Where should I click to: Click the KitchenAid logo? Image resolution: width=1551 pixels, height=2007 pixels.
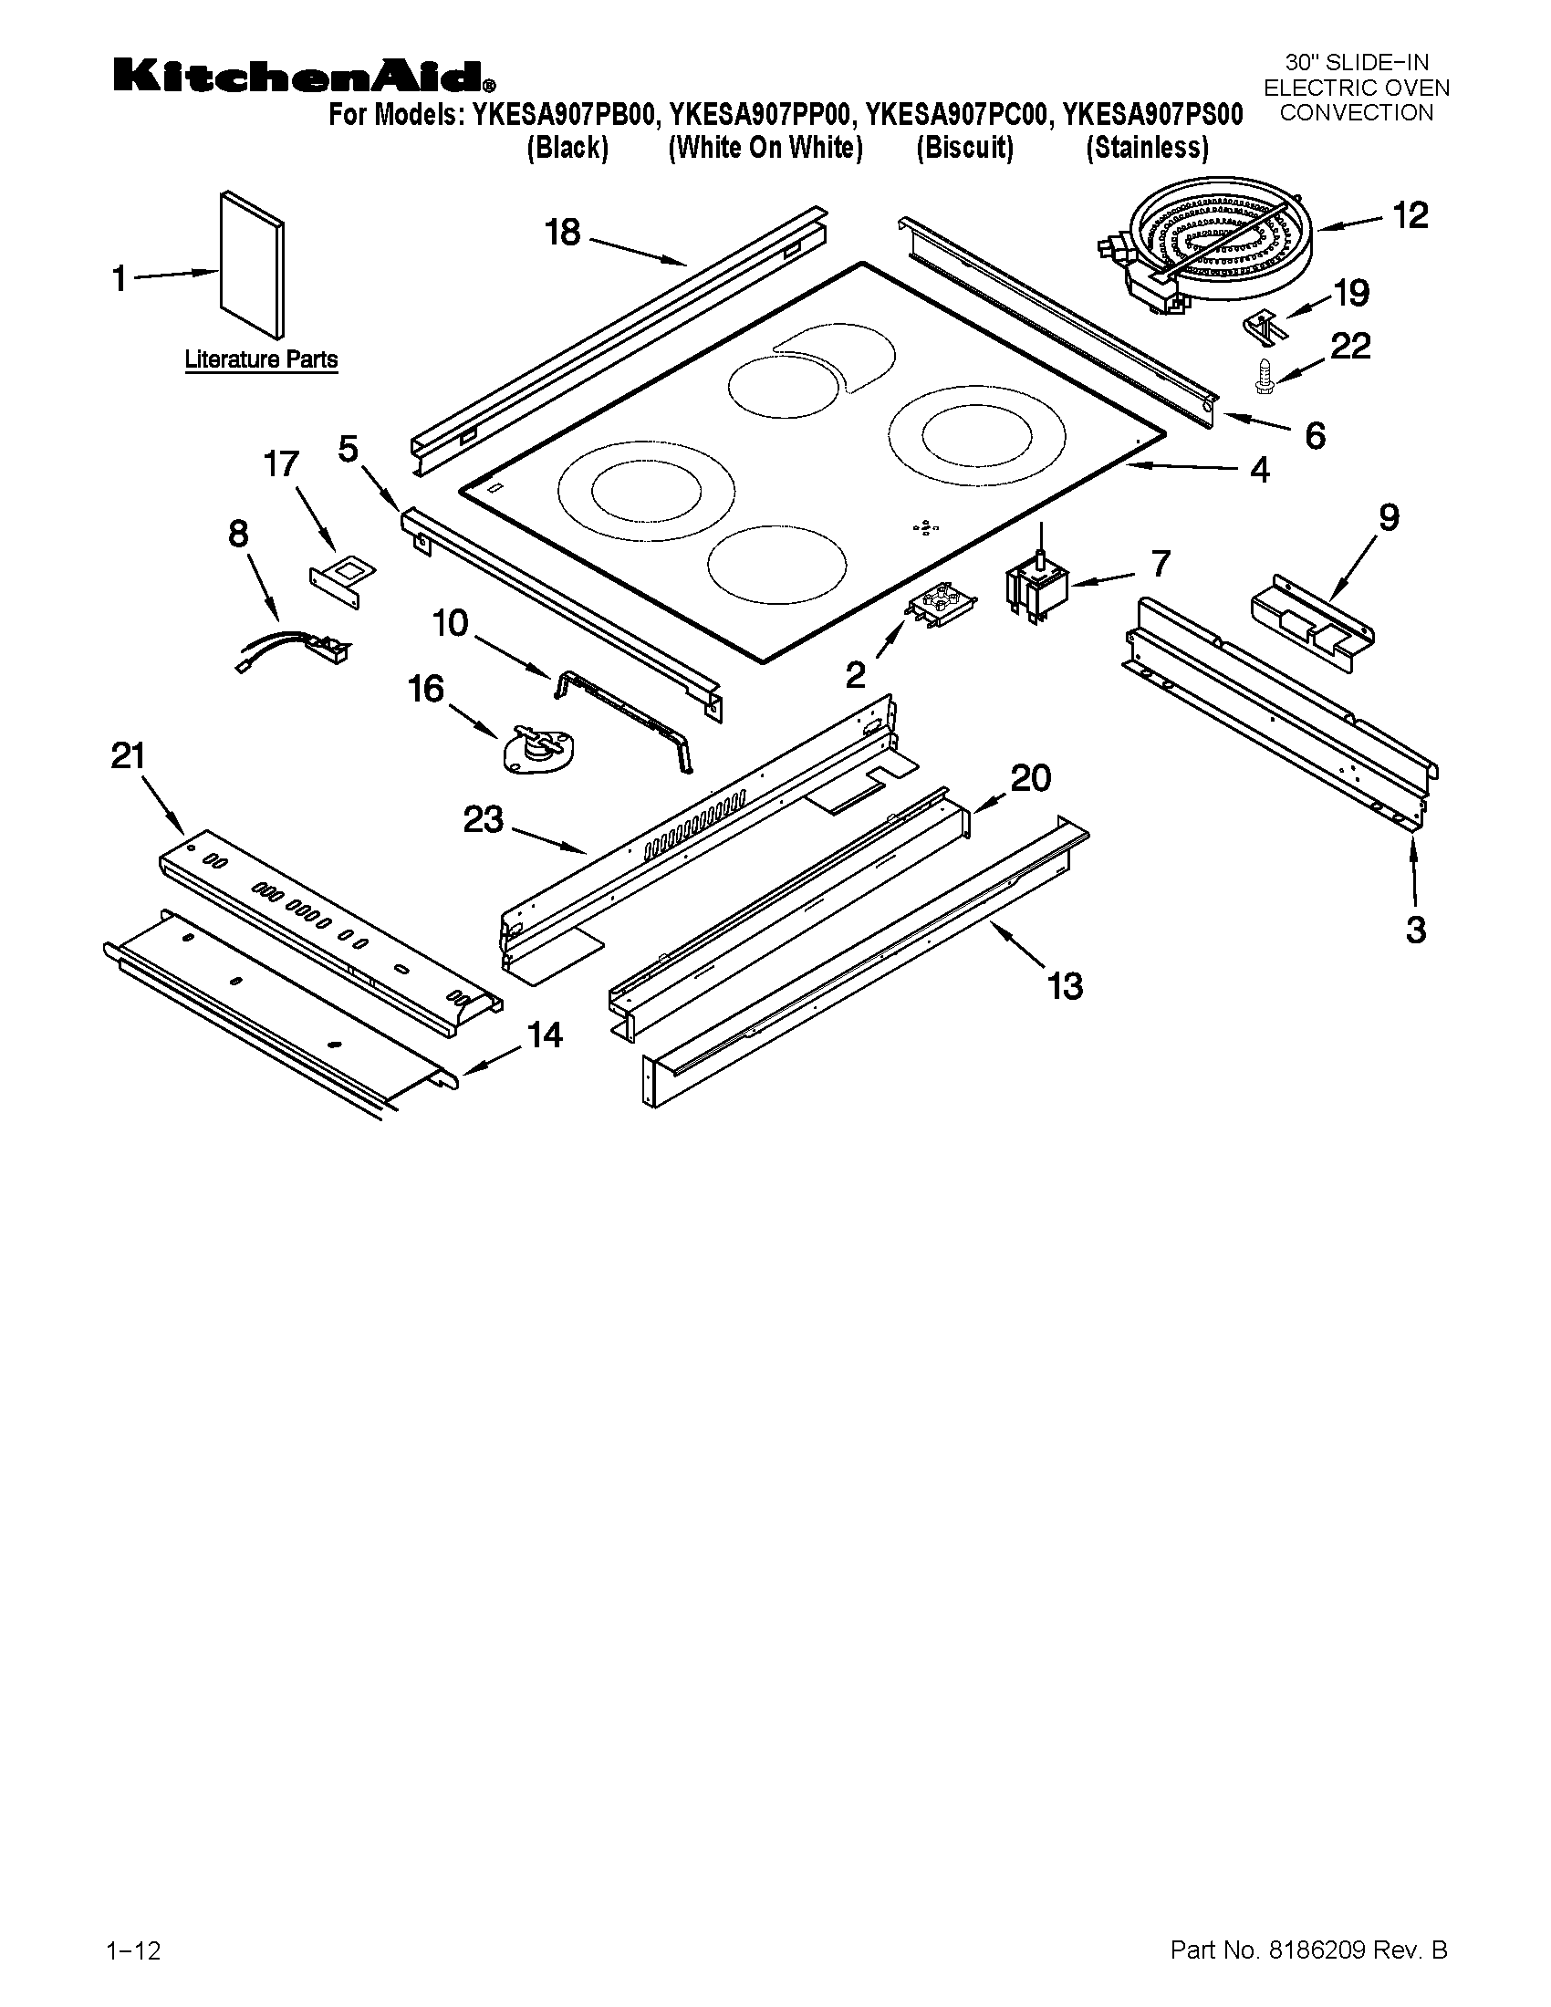click(304, 77)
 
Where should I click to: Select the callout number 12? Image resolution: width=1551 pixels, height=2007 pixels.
click(1410, 215)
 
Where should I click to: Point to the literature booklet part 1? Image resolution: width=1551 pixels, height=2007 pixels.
click(252, 265)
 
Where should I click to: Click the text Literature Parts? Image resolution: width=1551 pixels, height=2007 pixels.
click(261, 359)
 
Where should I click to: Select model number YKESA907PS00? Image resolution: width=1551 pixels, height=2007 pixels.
click(1152, 116)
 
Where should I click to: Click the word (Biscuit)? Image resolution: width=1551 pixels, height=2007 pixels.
click(964, 148)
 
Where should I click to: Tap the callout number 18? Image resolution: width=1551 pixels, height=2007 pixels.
click(562, 233)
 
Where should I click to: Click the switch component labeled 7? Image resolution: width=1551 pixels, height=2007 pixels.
click(1037, 588)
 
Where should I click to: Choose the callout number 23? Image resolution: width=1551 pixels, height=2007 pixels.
click(484, 819)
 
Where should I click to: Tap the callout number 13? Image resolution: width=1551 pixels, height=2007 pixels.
click(1065, 986)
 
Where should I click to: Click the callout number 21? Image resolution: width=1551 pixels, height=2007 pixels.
click(129, 756)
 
